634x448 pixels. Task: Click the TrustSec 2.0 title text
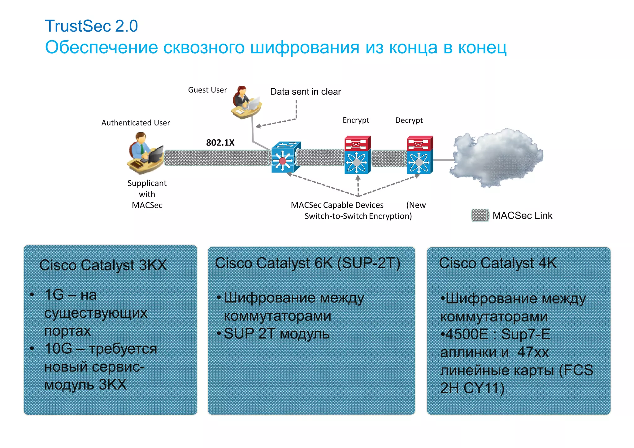point(91,26)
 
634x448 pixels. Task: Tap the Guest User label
point(207,90)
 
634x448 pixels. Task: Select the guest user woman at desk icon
point(246,103)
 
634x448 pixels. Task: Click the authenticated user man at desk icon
point(145,153)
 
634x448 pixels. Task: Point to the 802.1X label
point(220,143)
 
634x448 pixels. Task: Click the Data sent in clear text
point(305,92)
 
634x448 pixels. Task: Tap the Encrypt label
point(356,120)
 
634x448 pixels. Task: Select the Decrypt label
point(409,120)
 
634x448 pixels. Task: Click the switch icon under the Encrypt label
point(357,155)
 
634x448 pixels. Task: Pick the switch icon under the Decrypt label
point(419,155)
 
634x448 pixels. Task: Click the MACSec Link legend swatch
point(480,215)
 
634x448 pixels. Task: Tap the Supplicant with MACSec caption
point(147,194)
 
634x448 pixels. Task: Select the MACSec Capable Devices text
point(337,205)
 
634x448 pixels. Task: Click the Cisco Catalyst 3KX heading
point(103,265)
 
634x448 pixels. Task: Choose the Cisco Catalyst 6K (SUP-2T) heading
point(307,263)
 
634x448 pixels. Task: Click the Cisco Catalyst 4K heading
point(497,263)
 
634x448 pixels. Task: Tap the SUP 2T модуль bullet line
point(276,334)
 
